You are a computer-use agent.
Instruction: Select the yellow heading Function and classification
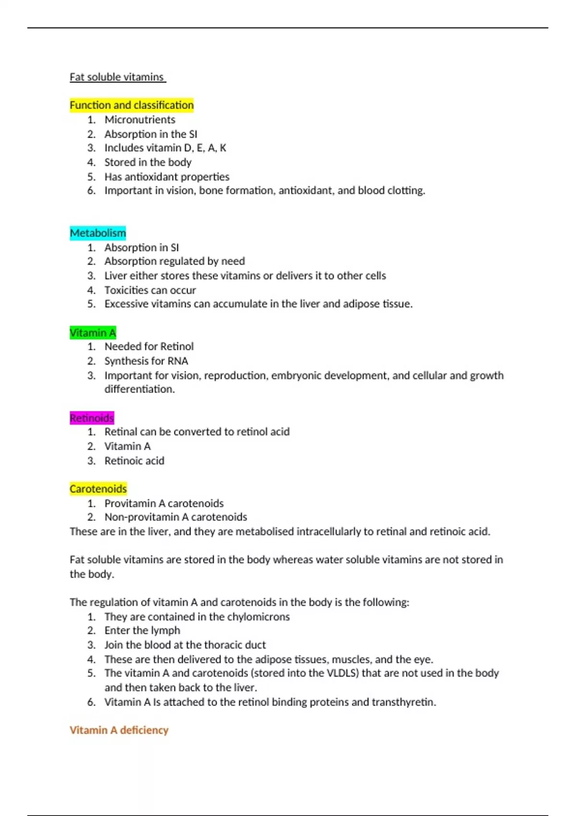tap(132, 105)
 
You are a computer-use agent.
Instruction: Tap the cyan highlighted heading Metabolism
tap(98, 233)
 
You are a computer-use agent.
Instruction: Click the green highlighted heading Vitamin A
tap(93, 333)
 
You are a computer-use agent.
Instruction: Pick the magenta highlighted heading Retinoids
tap(92, 418)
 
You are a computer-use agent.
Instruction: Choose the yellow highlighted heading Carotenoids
tap(98, 489)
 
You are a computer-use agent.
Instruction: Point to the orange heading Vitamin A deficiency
tap(119, 730)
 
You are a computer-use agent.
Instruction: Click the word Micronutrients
tap(140, 120)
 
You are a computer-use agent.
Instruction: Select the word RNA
tap(178, 361)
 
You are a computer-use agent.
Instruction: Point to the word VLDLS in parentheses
tap(342, 673)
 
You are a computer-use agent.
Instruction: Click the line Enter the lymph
tap(142, 631)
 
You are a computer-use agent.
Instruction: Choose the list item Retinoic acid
tap(134, 461)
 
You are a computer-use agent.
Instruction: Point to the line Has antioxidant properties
tap(167, 177)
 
